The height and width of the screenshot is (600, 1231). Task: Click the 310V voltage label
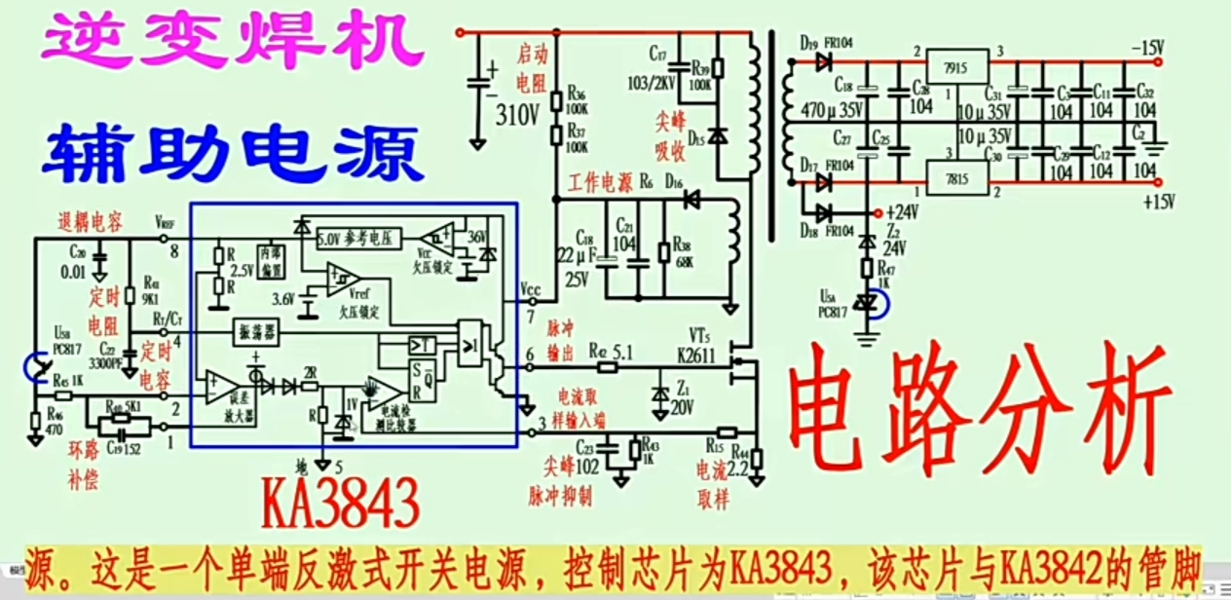(517, 115)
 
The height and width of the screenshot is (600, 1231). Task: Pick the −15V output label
(1149, 47)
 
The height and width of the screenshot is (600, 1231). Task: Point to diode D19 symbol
(824, 61)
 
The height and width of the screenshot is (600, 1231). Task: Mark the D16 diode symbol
(691, 200)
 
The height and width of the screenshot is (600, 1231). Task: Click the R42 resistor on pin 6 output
(609, 367)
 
